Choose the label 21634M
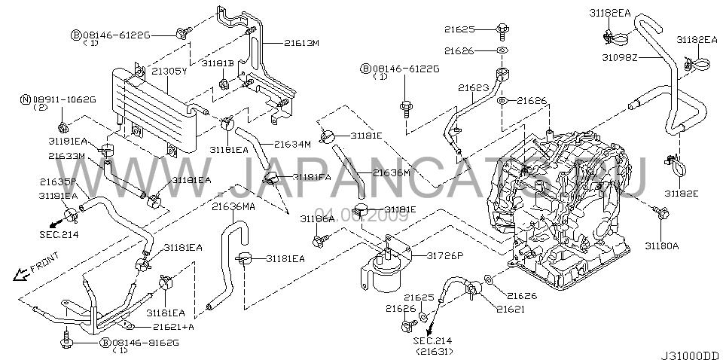click(x=292, y=143)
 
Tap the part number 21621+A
click(x=174, y=327)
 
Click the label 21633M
click(x=66, y=156)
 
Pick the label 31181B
click(x=217, y=63)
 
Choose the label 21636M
click(x=391, y=172)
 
